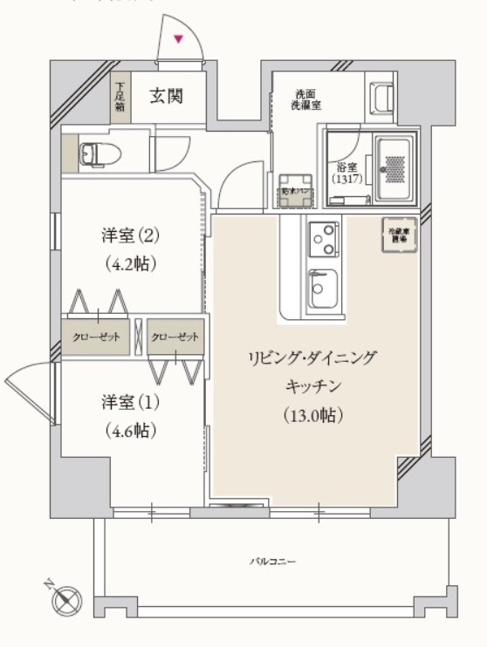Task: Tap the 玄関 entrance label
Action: pos(165,96)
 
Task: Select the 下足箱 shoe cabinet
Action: pos(120,99)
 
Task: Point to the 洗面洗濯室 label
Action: pos(307,99)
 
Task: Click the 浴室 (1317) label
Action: pos(345,173)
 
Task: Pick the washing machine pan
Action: pos(291,194)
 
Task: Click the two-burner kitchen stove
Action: pos(324,237)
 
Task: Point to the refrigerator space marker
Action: pos(399,235)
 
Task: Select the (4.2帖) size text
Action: pos(127,262)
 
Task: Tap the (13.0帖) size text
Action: pos(312,415)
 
